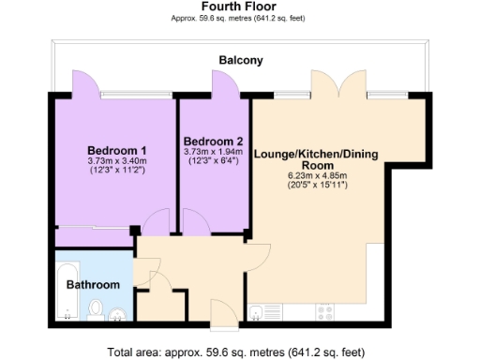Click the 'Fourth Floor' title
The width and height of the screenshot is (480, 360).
click(x=240, y=6)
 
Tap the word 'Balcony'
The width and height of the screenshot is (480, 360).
click(x=240, y=61)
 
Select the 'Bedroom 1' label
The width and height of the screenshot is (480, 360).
click(x=116, y=151)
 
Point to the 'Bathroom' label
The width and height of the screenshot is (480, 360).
click(x=98, y=285)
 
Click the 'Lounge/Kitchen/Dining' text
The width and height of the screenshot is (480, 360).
click(x=317, y=153)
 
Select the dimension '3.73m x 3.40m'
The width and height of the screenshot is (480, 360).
click(x=116, y=161)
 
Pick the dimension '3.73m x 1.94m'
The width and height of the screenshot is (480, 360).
click(x=213, y=151)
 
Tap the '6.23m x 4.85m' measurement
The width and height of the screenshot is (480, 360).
click(x=317, y=175)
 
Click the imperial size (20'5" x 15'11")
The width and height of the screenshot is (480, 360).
click(x=317, y=186)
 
